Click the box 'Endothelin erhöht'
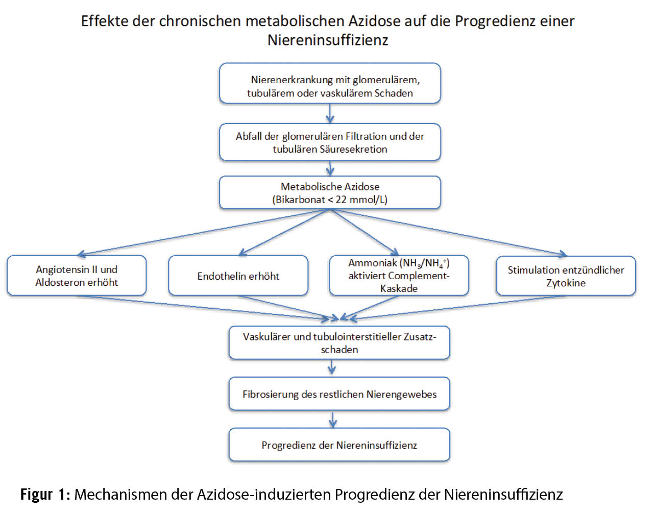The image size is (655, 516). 238,276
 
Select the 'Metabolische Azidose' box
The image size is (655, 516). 330,192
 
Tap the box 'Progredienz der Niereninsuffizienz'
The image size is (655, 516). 339,445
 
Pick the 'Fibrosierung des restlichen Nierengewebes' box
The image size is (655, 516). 339,394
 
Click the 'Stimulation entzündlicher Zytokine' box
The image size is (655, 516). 566,276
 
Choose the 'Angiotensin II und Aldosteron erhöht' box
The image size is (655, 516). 77,276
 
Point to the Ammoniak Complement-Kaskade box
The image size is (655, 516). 399,276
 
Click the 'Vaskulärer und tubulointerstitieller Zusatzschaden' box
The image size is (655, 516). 339,343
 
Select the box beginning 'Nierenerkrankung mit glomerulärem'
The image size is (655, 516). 330,84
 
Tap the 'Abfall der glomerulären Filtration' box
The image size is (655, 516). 330,142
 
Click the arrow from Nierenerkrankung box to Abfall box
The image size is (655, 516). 330,113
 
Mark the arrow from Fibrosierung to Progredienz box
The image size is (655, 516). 333,419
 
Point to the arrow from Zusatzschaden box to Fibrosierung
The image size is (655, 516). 332,367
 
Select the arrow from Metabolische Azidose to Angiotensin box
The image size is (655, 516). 204,232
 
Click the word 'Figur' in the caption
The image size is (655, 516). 36,494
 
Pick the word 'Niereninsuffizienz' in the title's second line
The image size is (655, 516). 328,40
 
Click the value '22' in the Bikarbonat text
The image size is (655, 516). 341,200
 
